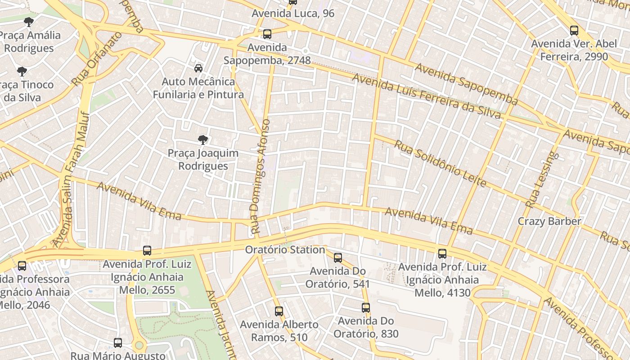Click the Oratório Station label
coord(285,250)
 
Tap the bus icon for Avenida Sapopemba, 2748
coord(267,34)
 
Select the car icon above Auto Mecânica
coord(198,68)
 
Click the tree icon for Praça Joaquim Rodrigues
coord(203,140)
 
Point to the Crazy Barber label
coord(549,221)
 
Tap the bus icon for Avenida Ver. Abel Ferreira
coord(574,31)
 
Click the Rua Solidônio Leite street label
coord(441,163)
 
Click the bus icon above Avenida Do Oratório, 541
coord(338,258)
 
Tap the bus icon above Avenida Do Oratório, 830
coord(366,308)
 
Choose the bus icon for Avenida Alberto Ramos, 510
coord(279,311)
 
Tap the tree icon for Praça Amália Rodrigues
coord(29,22)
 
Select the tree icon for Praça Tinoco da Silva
coord(22,71)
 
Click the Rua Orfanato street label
coord(97,59)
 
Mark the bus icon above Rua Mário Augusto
coord(118,343)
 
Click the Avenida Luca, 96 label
coord(293,13)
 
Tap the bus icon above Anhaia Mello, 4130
coord(442,254)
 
